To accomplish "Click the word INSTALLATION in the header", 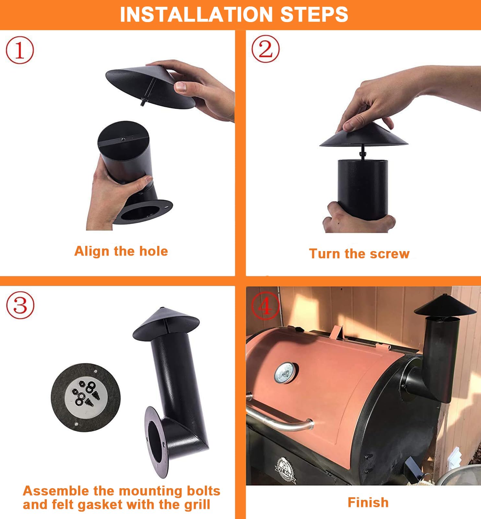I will tap(196, 15).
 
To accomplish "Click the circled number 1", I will tap(20, 50).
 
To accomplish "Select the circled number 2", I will tap(265, 49).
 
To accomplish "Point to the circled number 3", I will tap(20, 305).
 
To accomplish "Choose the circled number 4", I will tap(265, 306).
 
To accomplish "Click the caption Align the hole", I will tap(121, 251).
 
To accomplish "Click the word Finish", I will tap(368, 502).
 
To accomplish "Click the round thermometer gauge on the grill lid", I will tap(285, 372).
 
